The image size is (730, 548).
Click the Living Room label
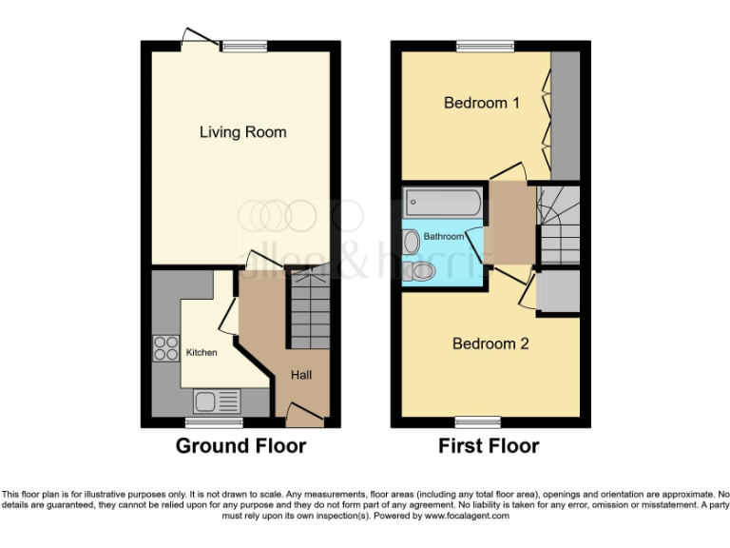pyautogui.click(x=242, y=132)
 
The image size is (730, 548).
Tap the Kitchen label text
pyautogui.click(x=201, y=352)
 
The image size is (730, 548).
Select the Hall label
pyautogui.click(x=301, y=375)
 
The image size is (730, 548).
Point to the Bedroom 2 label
pyautogui.click(x=490, y=343)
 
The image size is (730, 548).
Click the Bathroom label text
pyautogui.click(x=443, y=236)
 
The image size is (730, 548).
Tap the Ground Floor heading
pyautogui.click(x=240, y=445)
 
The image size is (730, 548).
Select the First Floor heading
pyautogui.click(x=488, y=445)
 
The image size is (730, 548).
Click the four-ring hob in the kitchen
pyautogui.click(x=165, y=349)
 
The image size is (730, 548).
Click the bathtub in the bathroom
pyautogui.click(x=443, y=203)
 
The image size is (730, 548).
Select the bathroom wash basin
pyautogui.click(x=411, y=242)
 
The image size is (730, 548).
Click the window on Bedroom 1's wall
pyautogui.click(x=485, y=45)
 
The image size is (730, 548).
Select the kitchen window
pyautogui.click(x=201, y=421)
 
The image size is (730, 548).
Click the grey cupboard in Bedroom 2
pyautogui.click(x=558, y=293)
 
